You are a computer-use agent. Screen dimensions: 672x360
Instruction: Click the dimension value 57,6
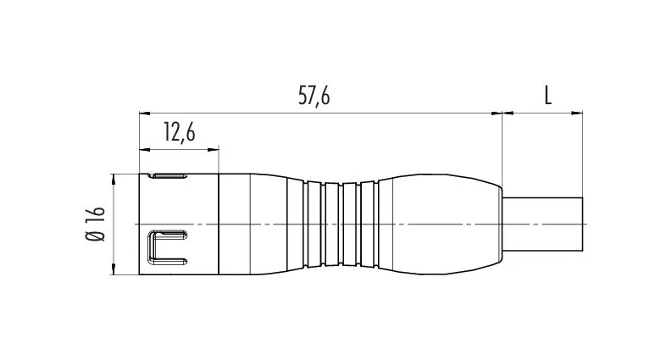pos(314,97)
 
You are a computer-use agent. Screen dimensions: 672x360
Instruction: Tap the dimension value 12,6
pos(179,132)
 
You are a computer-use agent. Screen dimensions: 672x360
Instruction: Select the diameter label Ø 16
pos(95,224)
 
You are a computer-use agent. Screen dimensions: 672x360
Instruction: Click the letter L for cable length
pos(547,96)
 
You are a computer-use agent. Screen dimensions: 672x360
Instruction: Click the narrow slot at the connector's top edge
pos(168,175)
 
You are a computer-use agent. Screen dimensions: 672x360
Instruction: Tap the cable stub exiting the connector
pos(542,224)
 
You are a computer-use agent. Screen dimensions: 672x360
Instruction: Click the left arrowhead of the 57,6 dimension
pos(145,114)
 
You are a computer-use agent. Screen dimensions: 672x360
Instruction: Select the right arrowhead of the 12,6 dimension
pos(214,150)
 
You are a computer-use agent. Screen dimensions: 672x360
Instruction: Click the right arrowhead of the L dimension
pos(577,114)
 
